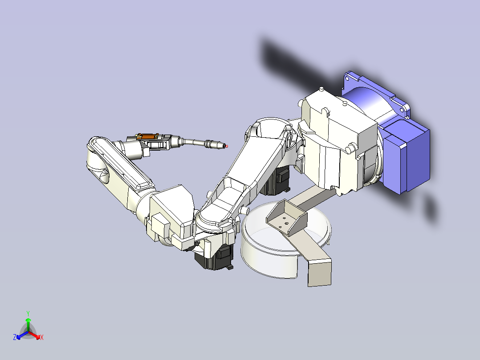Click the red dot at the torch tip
tap(227, 147)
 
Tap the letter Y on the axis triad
tap(28, 313)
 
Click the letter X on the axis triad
tap(42, 337)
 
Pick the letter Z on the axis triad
tap(15, 337)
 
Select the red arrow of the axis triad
tap(35, 335)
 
